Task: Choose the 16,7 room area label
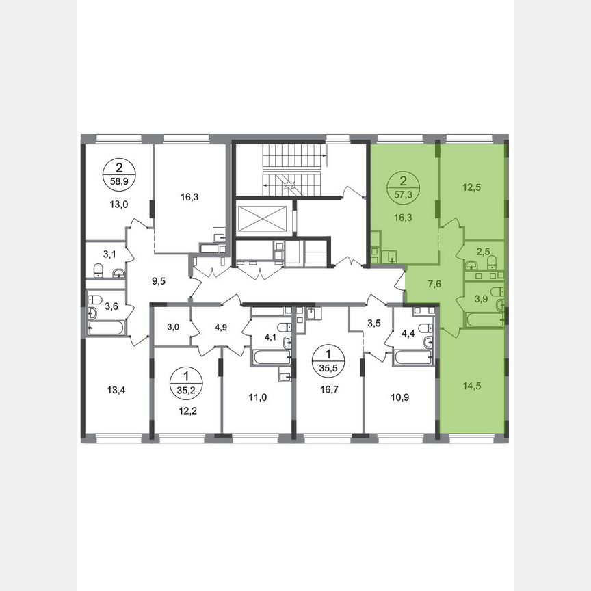pos(328,393)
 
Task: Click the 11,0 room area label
pos(257,395)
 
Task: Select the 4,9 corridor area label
pos(221,327)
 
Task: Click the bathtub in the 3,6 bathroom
pos(107,328)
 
